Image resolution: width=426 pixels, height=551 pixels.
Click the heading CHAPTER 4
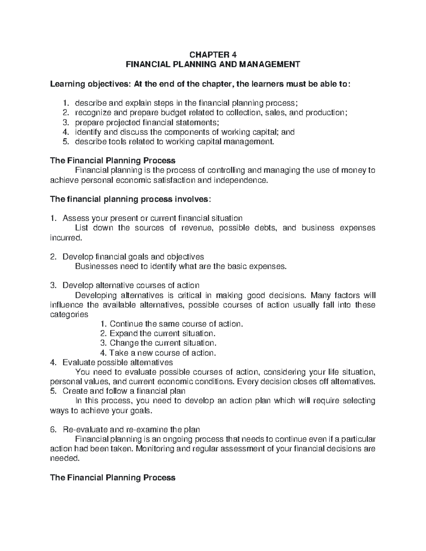tap(213, 55)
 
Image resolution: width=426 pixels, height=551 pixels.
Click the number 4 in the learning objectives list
tap(65, 132)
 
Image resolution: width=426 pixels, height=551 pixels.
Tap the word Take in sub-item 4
tap(117, 353)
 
